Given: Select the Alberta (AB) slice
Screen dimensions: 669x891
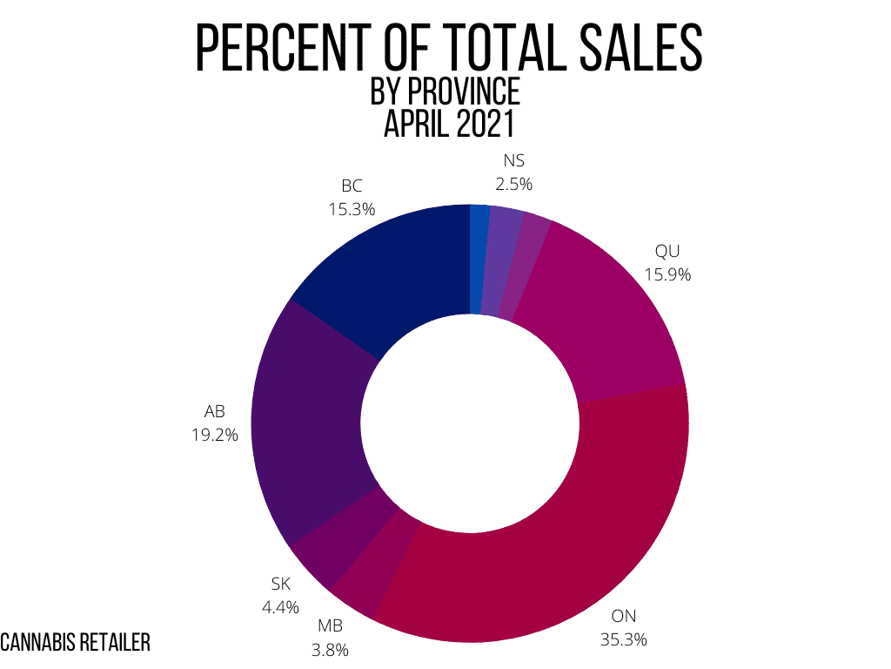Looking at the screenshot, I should coord(305,427).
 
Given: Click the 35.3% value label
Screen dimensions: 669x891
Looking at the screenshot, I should coord(623,639).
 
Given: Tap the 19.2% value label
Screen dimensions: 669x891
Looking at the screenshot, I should coord(215,433).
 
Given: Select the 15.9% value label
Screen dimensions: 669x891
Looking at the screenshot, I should coord(667,275).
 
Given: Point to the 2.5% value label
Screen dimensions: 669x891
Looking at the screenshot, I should coord(513,184).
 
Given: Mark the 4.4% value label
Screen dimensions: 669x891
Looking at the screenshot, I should coord(281,606).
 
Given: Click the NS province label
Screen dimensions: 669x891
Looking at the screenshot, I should coord(513,161).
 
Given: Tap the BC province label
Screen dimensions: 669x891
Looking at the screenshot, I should coord(352,186).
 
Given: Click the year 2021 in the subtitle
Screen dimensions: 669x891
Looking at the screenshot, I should coord(483,124).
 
